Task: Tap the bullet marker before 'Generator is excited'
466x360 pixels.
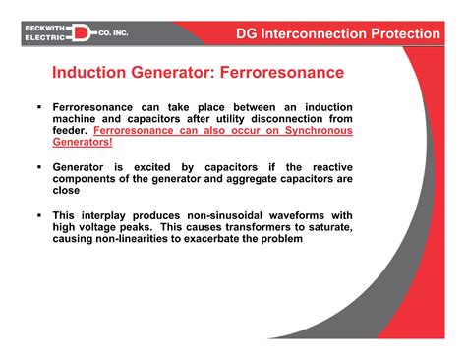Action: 39,167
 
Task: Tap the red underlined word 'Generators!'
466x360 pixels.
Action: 84,143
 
